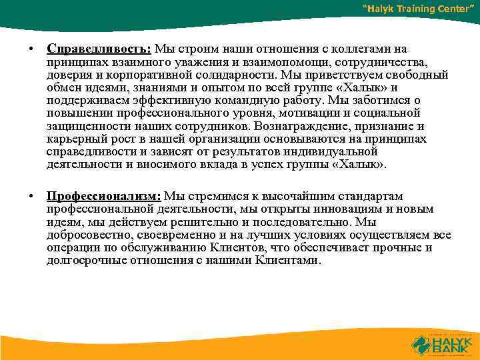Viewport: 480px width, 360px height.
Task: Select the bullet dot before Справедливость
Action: point(31,49)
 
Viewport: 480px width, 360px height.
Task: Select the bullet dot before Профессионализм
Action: point(31,197)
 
